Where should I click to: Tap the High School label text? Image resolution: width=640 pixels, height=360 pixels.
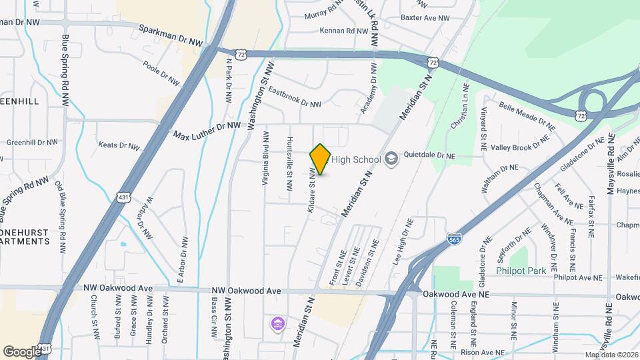pyautogui.click(x=356, y=159)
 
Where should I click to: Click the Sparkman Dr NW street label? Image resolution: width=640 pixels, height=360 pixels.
pyautogui.click(x=170, y=35)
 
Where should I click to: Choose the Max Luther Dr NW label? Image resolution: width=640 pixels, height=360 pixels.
pyautogui.click(x=207, y=130)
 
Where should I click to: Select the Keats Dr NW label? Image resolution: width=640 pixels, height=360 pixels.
pyautogui.click(x=119, y=145)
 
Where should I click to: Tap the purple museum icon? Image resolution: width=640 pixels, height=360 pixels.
pyautogui.click(x=277, y=324)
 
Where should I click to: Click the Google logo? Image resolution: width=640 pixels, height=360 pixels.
pyautogui.click(x=22, y=351)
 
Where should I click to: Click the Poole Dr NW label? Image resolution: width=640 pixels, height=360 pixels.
pyautogui.click(x=161, y=73)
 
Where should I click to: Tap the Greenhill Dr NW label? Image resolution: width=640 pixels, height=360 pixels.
pyautogui.click(x=33, y=142)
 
